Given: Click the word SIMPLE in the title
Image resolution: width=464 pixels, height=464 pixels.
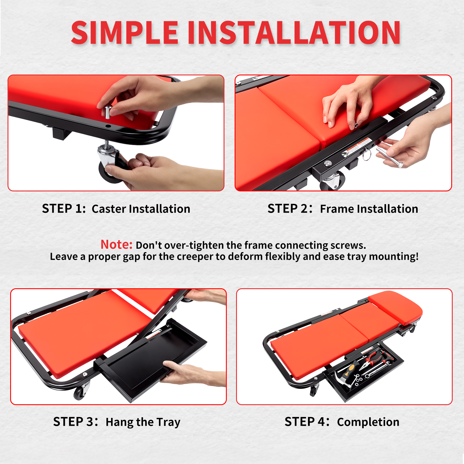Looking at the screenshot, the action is pos(125,32).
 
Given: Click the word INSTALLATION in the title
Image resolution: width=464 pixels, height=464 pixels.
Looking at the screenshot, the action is pos(294,32).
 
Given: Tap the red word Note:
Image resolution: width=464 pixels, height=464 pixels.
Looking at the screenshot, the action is pos(117,244).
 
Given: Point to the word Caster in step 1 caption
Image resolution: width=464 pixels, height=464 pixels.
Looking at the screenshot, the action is pos(109,209).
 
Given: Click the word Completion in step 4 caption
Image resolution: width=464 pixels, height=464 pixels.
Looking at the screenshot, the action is pos(368,422).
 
